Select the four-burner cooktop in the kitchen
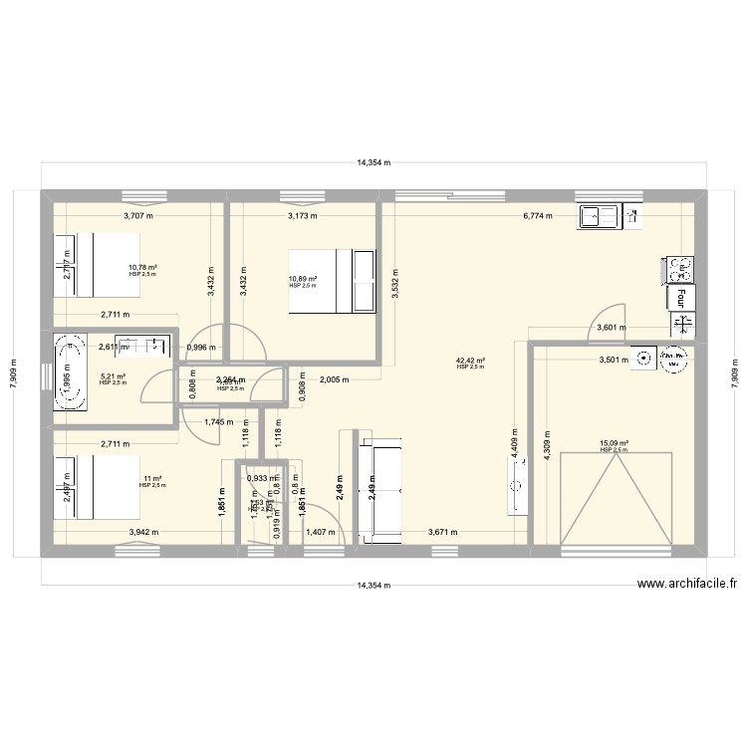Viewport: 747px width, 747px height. [x=679, y=268]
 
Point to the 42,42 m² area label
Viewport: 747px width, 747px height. [x=470, y=362]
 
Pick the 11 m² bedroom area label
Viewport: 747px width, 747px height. [x=152, y=479]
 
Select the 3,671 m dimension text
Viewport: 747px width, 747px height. [x=443, y=532]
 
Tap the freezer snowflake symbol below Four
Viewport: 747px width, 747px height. [x=683, y=323]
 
